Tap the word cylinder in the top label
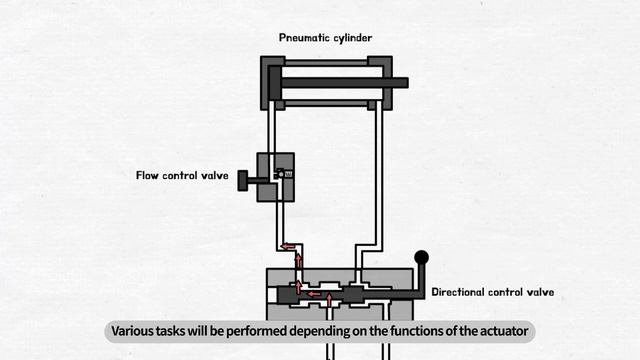pyautogui.click(x=353, y=38)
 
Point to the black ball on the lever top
pyautogui.click(x=422, y=258)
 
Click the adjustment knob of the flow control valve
pyautogui.click(x=242, y=180)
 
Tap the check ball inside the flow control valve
pyautogui.click(x=281, y=174)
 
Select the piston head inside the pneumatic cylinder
pyautogui.click(x=275, y=83)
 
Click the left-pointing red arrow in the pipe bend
pyautogui.click(x=288, y=247)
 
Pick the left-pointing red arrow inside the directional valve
pyautogui.click(x=314, y=294)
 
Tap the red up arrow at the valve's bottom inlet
pyautogui.click(x=329, y=300)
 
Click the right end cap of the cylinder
pyautogui.click(x=380, y=83)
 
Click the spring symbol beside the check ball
pyautogui.click(x=289, y=174)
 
